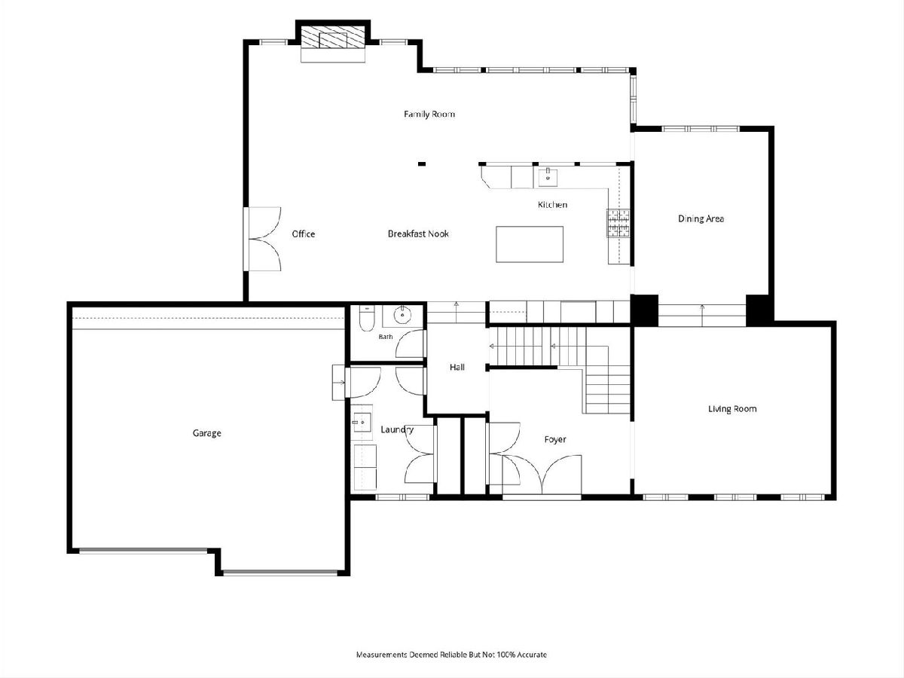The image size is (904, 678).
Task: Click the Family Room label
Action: click(x=429, y=114)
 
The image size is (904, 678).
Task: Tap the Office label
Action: click(x=303, y=234)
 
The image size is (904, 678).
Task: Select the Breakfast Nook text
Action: click(x=418, y=234)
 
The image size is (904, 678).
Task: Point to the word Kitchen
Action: click(x=552, y=205)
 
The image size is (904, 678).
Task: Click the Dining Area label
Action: click(x=701, y=218)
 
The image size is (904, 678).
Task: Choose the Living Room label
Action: click(x=731, y=409)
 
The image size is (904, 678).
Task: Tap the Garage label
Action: click(x=206, y=433)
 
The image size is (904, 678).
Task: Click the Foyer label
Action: click(x=554, y=440)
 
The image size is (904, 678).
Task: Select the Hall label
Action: click(x=457, y=367)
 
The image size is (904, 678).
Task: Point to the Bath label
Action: click(x=386, y=337)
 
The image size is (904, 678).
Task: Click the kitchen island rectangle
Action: click(x=530, y=244)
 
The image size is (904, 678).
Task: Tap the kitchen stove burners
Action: click(x=618, y=223)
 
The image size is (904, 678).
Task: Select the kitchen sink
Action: click(x=548, y=176)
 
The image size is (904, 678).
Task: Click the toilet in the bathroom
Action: click(x=365, y=319)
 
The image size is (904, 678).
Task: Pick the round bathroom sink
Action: click(x=402, y=316)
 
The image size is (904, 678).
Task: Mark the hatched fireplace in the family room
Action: click(x=333, y=38)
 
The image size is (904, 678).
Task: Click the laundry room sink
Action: click(x=361, y=423)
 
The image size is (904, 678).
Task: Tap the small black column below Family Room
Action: click(x=421, y=163)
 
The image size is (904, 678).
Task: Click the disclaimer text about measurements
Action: click(x=451, y=655)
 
